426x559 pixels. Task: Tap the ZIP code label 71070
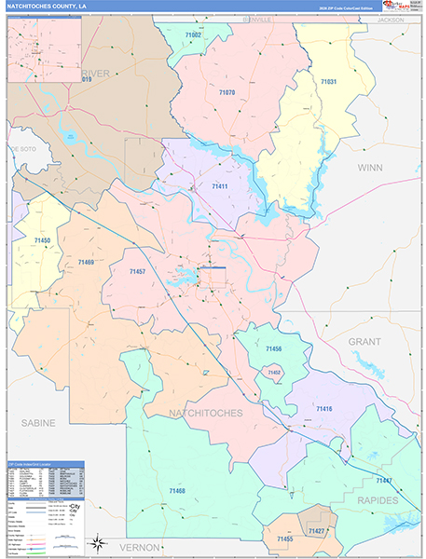coord(227,93)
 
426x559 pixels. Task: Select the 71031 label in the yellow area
coord(328,82)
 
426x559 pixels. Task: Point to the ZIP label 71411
coord(220,186)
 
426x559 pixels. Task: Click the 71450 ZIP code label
coord(43,241)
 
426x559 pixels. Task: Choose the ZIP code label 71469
coord(86,263)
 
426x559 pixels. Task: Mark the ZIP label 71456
coord(273,348)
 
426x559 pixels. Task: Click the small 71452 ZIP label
coord(274,372)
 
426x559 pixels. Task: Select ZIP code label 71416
coord(323,409)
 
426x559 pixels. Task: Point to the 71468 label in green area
coord(176,490)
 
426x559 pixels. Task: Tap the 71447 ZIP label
coord(384,480)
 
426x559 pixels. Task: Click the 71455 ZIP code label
coord(284,539)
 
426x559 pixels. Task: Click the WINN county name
coord(370,168)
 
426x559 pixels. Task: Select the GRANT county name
coord(364,342)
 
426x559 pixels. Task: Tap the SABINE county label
coord(38,422)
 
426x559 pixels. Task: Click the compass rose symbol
coord(95,543)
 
